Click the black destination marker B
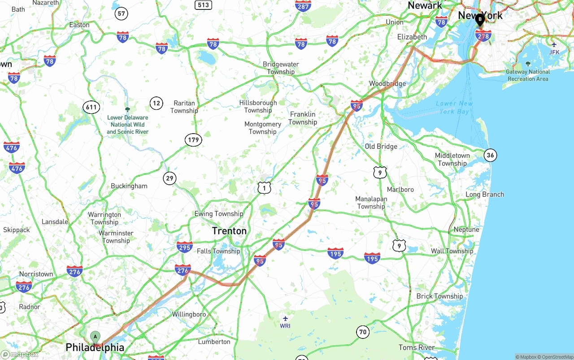pyautogui.click(x=480, y=19)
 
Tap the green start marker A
pyautogui.click(x=95, y=336)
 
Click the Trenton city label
pyautogui.click(x=229, y=231)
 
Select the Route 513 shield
pyautogui.click(x=203, y=5)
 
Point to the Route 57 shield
pyautogui.click(x=121, y=13)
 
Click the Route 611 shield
pyautogui.click(x=91, y=107)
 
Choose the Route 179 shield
pyautogui.click(x=193, y=140)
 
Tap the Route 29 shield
pyautogui.click(x=170, y=178)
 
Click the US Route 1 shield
pyautogui.click(x=264, y=188)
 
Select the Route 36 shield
pyautogui.click(x=490, y=156)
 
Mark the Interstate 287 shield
pyautogui.click(x=303, y=6)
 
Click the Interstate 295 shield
pyautogui.click(x=184, y=247)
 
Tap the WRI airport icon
pyautogui.click(x=285, y=318)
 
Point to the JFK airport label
pyautogui.click(x=554, y=52)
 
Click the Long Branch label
pyautogui.click(x=484, y=195)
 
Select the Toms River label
pyautogui.click(x=417, y=347)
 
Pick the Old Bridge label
pyautogui.click(x=381, y=147)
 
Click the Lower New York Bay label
pyautogui.click(x=454, y=107)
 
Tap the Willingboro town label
pyautogui.click(x=189, y=314)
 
